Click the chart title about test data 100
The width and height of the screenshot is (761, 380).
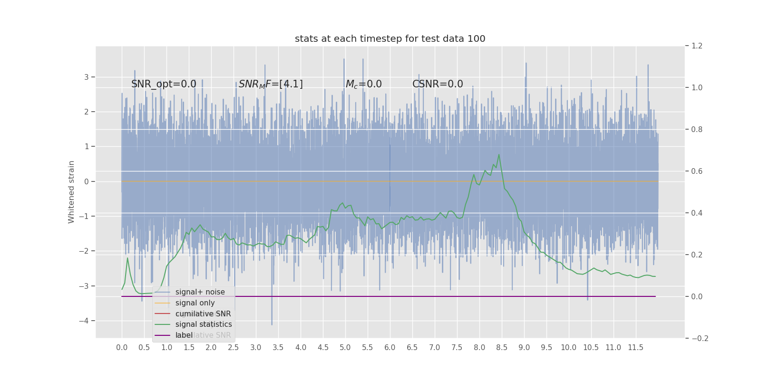(390, 39)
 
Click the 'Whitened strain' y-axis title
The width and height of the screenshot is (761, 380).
(71, 192)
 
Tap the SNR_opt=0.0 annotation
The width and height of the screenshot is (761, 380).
(164, 84)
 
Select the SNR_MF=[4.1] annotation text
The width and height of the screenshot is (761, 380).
(271, 84)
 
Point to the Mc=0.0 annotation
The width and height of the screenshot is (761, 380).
(363, 84)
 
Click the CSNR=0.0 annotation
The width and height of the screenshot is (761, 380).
(438, 84)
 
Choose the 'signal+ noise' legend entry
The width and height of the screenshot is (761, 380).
(200, 292)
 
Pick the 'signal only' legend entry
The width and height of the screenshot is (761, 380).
(195, 303)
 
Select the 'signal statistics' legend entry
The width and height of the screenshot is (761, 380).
(204, 324)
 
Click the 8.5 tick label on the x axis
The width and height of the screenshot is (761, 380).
(502, 348)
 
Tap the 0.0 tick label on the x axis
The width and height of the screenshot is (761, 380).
(122, 348)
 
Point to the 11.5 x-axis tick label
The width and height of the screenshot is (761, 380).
(635, 348)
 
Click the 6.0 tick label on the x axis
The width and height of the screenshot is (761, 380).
(390, 348)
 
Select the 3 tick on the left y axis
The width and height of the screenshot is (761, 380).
(87, 77)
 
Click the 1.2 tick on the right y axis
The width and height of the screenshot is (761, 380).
(697, 46)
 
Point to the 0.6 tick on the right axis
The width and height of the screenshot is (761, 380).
(697, 171)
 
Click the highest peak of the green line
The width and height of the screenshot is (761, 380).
(499, 154)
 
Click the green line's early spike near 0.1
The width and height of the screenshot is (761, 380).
(127, 258)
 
